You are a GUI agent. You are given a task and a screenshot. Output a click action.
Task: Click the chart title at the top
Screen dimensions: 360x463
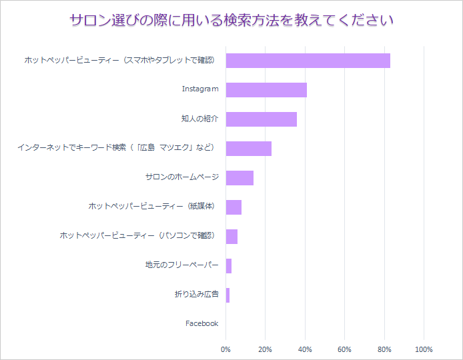pyautogui.click(x=232, y=21)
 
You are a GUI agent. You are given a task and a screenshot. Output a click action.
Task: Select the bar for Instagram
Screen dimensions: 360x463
pyautogui.click(x=266, y=89)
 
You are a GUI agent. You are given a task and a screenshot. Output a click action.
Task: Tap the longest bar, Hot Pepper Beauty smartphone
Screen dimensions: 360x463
pyautogui.click(x=308, y=60)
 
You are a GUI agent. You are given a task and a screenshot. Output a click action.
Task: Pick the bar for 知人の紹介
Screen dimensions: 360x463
pyautogui.click(x=262, y=119)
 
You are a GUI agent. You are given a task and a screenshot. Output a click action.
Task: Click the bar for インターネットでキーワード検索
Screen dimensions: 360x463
pyautogui.click(x=249, y=148)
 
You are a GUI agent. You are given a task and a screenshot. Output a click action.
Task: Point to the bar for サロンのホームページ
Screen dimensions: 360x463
pyautogui.click(x=240, y=177)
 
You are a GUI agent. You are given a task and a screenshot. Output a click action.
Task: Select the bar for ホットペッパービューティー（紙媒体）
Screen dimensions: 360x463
pyautogui.click(x=234, y=207)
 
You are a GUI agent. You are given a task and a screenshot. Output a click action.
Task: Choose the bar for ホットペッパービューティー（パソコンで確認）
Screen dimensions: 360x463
pyautogui.click(x=232, y=236)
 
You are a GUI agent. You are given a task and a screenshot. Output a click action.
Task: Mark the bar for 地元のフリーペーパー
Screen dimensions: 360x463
pyautogui.click(x=229, y=265)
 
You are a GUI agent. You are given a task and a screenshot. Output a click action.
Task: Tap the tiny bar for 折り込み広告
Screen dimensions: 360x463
pyautogui.click(x=227, y=295)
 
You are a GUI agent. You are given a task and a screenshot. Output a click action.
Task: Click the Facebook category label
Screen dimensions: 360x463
pyautogui.click(x=201, y=323)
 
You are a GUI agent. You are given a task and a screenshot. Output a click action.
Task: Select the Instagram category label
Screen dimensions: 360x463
pyautogui.click(x=200, y=89)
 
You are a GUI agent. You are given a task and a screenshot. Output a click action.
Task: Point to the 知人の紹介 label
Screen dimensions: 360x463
pyautogui.click(x=199, y=119)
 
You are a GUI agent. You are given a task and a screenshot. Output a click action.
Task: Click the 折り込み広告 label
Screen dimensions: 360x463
pyautogui.click(x=196, y=295)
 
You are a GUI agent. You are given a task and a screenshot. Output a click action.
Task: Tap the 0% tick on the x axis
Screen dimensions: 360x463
pyautogui.click(x=226, y=349)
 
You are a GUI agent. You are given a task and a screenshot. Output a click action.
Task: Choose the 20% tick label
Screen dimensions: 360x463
pyautogui.click(x=266, y=349)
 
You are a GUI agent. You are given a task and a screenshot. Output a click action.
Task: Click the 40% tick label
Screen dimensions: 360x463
pyautogui.click(x=305, y=349)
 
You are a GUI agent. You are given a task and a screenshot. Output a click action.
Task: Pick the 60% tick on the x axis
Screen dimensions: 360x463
pyautogui.click(x=344, y=349)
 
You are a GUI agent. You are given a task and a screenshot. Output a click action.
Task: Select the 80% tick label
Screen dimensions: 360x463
pyautogui.click(x=384, y=349)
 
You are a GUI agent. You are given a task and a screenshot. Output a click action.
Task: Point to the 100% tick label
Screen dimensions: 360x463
pyautogui.click(x=424, y=349)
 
